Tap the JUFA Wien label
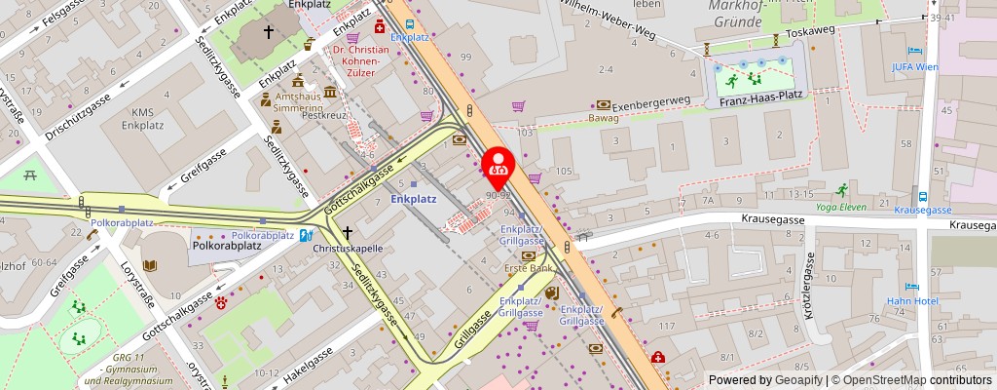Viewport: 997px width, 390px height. point(914,67)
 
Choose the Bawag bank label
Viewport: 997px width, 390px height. point(604,118)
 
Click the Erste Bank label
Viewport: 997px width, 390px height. point(528,267)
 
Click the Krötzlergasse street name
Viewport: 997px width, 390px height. point(805,288)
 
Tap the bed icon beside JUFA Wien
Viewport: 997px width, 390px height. point(914,51)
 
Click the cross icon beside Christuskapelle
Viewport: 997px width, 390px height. point(348,233)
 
